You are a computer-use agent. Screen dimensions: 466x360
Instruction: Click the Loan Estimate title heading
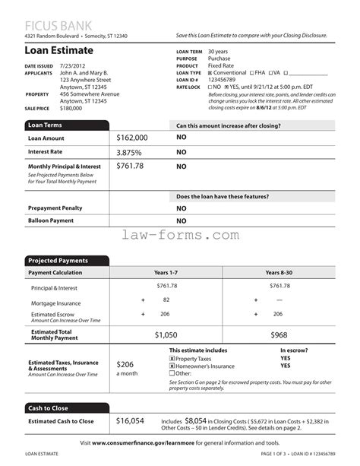[x=58, y=50]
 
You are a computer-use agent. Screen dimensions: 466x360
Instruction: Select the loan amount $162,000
[x=132, y=138]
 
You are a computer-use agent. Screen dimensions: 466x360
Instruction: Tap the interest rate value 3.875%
[x=131, y=151]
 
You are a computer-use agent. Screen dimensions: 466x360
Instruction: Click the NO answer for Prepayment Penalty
[x=182, y=208]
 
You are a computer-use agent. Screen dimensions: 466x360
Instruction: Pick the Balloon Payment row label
[x=51, y=220]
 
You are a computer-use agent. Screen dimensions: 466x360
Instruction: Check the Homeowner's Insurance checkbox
[x=172, y=366]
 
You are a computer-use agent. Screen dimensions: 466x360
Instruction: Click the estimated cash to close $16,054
[x=130, y=420]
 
